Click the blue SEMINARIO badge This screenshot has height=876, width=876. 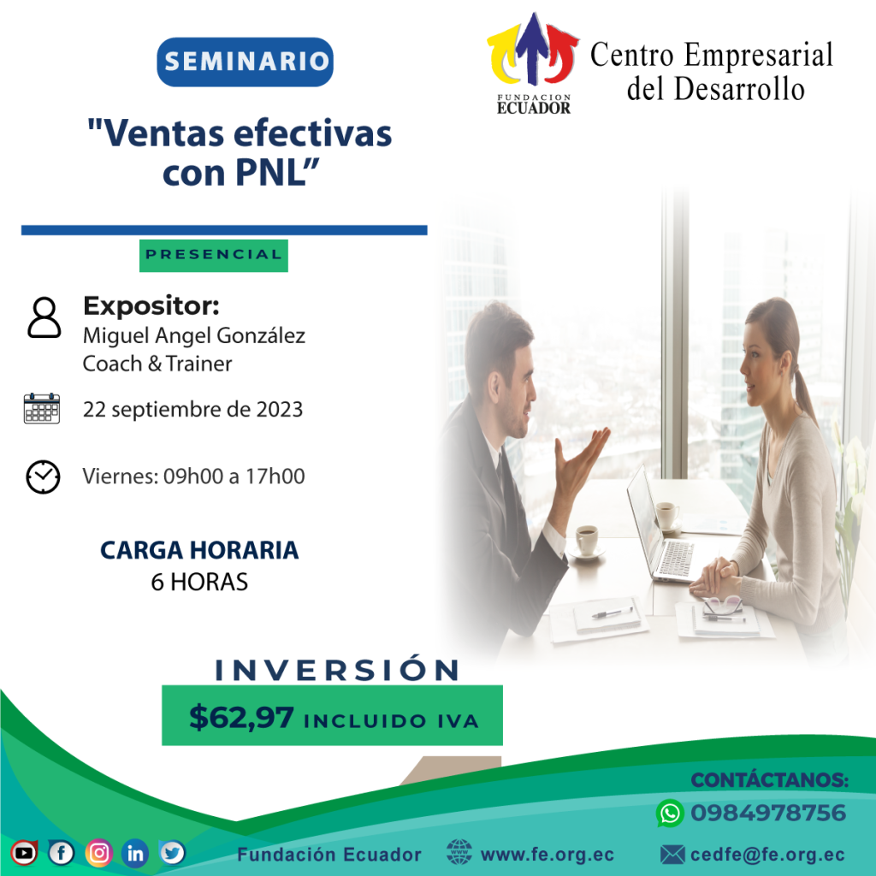(x=245, y=62)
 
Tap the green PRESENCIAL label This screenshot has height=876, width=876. (x=213, y=255)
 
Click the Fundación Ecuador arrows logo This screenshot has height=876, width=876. (x=533, y=63)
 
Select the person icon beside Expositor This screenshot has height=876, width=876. (x=44, y=317)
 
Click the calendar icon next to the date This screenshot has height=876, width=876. (x=42, y=408)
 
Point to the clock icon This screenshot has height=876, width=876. (x=43, y=477)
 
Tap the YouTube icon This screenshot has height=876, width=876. (x=23, y=853)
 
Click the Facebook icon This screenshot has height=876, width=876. (x=61, y=853)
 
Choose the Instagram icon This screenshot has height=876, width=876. (x=99, y=853)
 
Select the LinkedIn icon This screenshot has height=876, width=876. (x=135, y=853)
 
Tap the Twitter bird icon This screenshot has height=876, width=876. (x=172, y=853)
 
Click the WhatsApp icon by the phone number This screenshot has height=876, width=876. (x=670, y=813)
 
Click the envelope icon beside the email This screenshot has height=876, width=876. (x=672, y=855)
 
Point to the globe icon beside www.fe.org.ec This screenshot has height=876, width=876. (x=459, y=853)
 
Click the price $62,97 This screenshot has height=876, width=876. (x=241, y=718)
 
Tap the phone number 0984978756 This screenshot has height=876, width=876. (x=768, y=813)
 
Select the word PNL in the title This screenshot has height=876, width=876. (x=270, y=172)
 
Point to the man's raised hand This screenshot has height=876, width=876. (x=580, y=464)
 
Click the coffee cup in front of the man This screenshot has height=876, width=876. (x=586, y=540)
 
